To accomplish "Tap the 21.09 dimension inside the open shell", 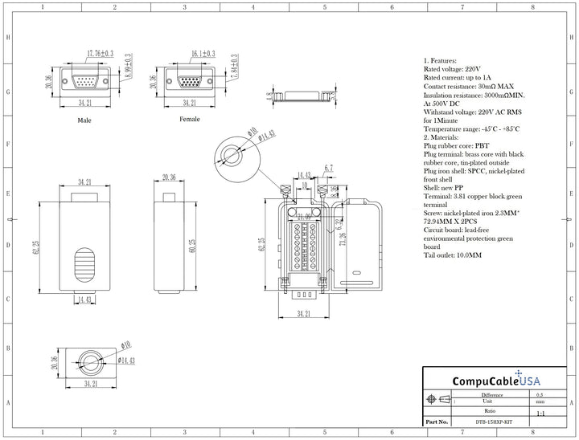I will pos(305,216).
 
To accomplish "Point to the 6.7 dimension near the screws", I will pos(329,169).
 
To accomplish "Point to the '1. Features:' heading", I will pos(440,60).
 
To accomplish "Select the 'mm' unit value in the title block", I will pos(539,401).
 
